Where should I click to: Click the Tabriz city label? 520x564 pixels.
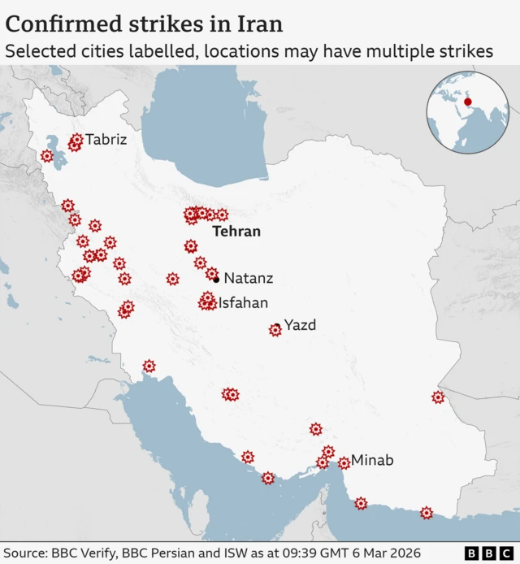[x=106, y=140]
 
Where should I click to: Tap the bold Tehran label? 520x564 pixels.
[x=236, y=232]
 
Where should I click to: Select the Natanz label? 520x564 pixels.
[x=249, y=279]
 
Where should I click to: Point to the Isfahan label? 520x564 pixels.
[x=243, y=303]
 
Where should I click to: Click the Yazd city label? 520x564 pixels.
[x=300, y=326]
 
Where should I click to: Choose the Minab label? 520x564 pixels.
[x=372, y=461]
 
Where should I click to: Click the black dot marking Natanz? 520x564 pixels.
[x=216, y=280]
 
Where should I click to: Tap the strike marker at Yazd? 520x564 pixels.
[x=275, y=330]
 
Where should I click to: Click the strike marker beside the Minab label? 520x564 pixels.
[x=344, y=463]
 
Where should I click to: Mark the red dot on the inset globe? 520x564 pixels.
[x=467, y=102]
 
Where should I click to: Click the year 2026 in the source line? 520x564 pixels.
[x=404, y=553]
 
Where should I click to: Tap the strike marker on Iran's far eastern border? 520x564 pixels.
[x=439, y=397]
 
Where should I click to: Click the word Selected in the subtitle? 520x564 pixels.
[x=37, y=51]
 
